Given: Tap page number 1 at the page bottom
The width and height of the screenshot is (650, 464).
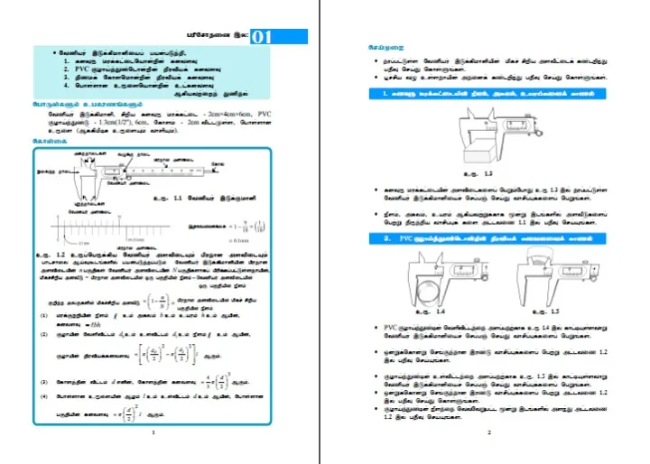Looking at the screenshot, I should [154, 435].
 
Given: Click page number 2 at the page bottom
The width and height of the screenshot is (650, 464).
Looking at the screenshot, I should [487, 435].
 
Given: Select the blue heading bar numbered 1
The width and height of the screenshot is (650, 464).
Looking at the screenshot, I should [478, 94].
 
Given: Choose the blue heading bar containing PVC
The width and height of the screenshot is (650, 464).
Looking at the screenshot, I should [478, 238].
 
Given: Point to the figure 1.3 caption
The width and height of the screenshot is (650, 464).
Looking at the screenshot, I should [484, 172].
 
